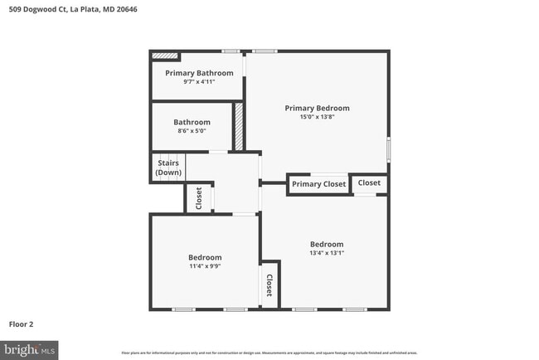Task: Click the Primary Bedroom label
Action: [317, 108]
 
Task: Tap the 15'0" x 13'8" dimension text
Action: [317, 117]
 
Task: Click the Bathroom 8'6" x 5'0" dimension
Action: [192, 130]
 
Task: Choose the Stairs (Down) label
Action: [168, 168]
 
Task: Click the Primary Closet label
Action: [318, 184]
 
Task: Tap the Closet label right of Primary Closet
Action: [369, 182]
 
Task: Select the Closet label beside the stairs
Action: [198, 197]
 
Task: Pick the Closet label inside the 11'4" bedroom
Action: [269, 286]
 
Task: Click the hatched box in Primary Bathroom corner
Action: [165, 56]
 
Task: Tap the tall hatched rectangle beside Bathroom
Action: [238, 126]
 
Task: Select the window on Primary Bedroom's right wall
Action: [388, 150]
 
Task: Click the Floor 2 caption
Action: [22, 324]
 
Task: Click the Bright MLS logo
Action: [29, 349]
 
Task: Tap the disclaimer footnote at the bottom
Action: [269, 353]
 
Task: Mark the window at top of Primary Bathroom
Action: [231, 51]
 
